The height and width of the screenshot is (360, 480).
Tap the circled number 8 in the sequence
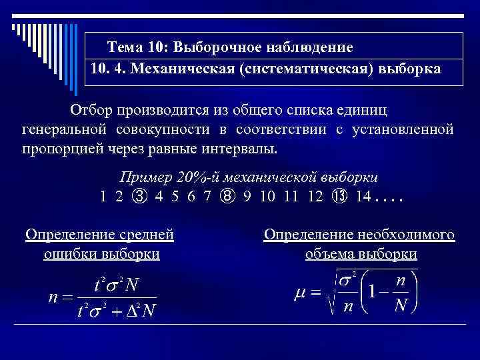[x=229, y=196]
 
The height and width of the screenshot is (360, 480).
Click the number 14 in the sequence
[x=364, y=196]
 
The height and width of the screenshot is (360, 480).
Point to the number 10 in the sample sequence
[x=269, y=196]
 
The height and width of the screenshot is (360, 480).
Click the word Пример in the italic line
[x=141, y=177]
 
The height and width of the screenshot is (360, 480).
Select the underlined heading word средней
[x=145, y=235]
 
